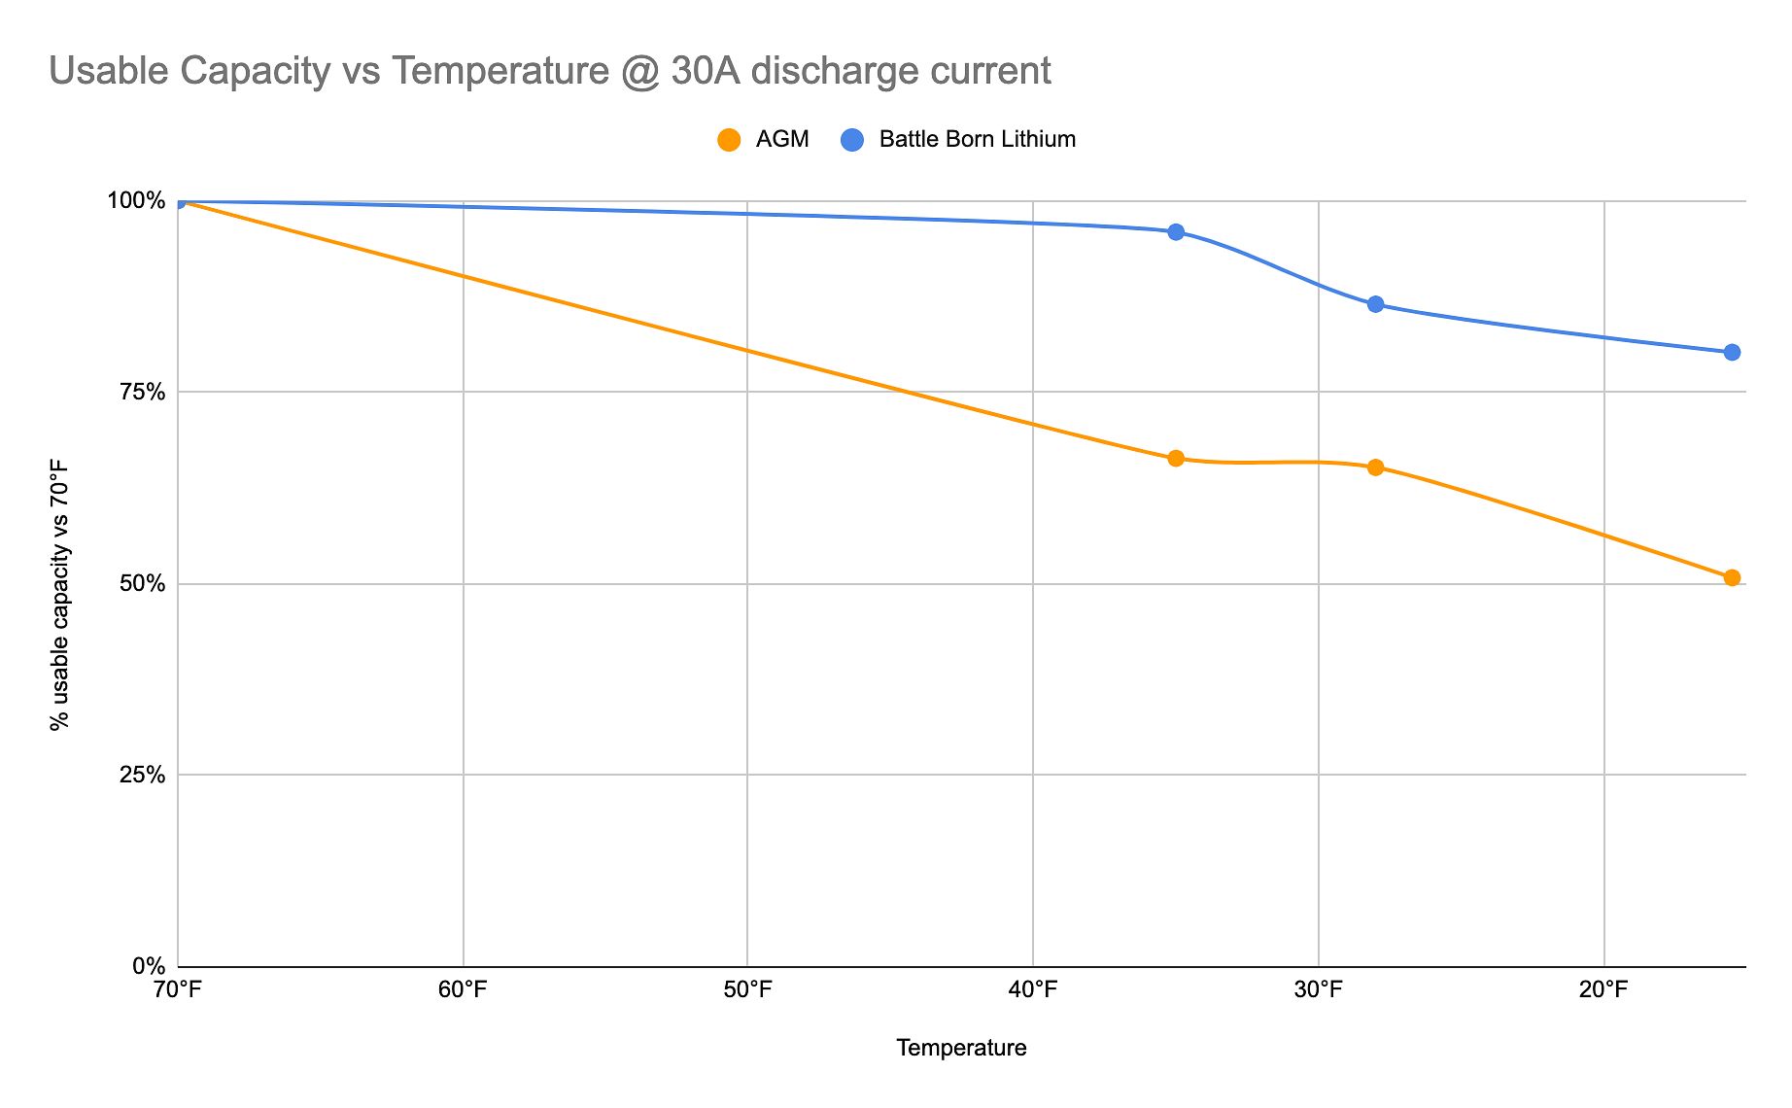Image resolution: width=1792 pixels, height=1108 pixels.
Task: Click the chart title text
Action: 549,71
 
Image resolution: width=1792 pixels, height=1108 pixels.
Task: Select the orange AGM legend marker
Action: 729,140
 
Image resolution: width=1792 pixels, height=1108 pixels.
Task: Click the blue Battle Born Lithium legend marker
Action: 852,140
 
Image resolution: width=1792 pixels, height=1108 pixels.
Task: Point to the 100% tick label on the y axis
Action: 136,201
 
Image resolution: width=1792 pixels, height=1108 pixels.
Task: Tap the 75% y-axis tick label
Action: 142,393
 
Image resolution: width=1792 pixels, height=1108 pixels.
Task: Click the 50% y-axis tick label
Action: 142,584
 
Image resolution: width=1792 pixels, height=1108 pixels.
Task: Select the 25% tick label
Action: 142,776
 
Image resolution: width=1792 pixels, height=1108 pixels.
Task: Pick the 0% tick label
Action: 148,967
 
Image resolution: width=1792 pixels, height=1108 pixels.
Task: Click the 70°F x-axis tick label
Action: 178,990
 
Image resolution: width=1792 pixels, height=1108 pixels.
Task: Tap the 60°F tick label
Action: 463,990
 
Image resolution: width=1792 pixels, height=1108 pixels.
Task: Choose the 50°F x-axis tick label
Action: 747,990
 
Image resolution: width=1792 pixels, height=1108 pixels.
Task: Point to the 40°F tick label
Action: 1032,990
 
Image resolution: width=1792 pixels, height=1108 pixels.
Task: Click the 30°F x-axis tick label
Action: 1318,990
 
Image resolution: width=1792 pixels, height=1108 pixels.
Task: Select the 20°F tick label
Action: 1602,990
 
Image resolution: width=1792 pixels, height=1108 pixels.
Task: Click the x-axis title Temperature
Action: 961,1048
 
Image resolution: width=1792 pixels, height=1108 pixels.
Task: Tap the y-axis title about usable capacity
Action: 60,595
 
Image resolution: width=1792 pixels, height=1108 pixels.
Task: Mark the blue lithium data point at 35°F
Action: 1176,231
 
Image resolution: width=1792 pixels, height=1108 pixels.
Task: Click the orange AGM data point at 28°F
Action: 1375,467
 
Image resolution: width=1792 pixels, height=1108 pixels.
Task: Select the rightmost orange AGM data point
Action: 1732,578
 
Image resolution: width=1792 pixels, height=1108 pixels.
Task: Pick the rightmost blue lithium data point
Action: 1732,352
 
